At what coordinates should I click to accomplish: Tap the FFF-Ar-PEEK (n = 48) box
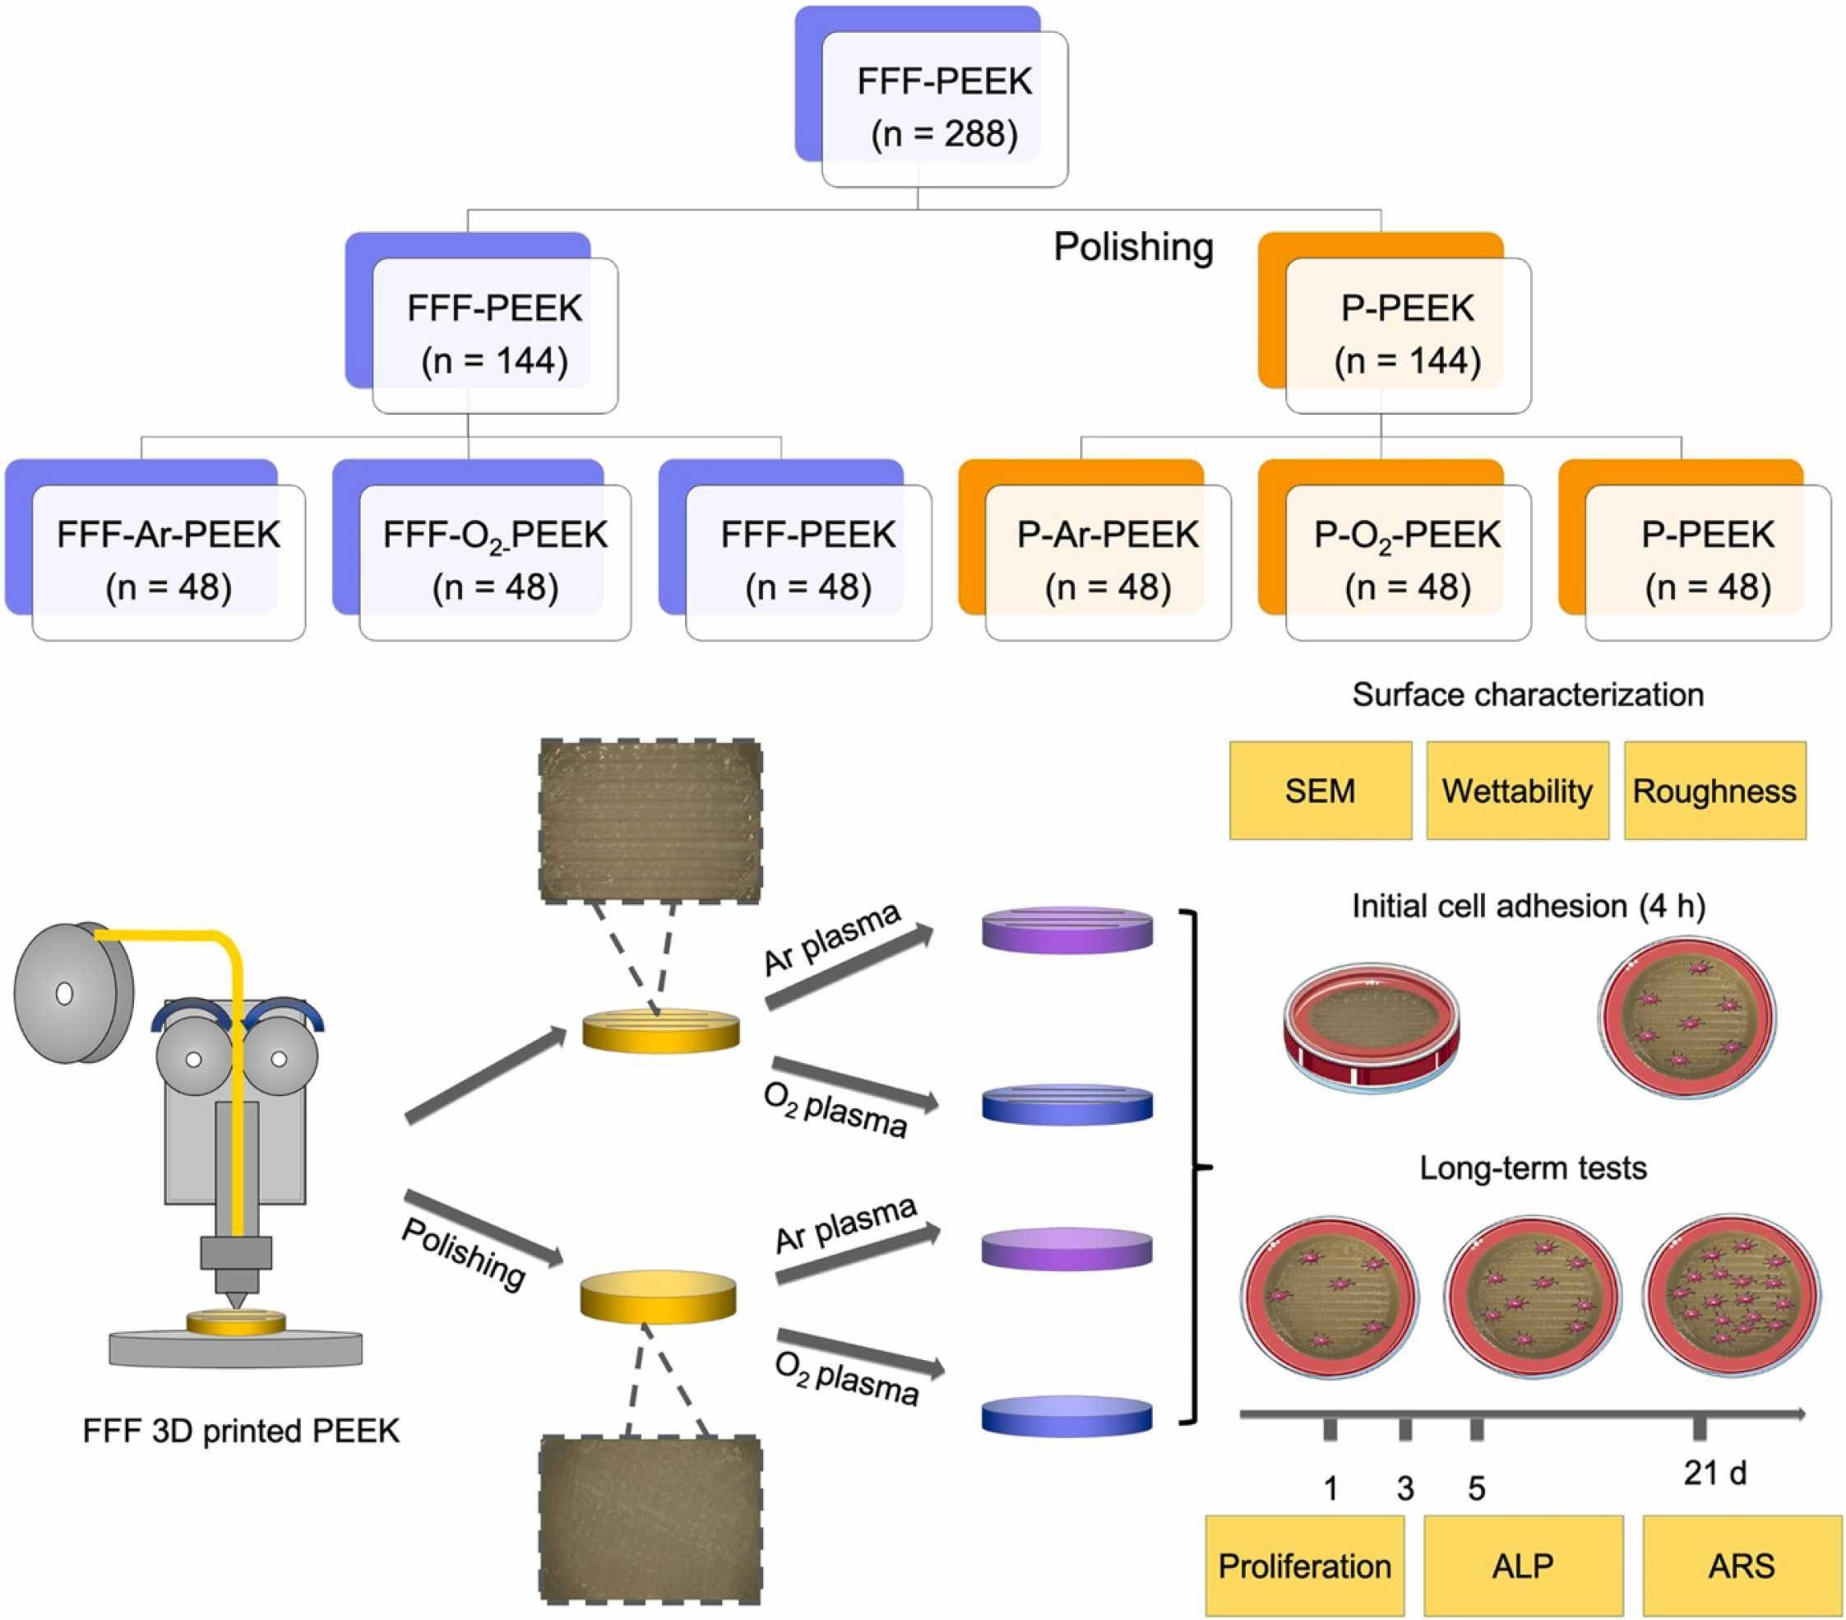[168, 560]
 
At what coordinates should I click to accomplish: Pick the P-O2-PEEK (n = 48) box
[1406, 560]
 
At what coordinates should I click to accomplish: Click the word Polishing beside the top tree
[1132, 247]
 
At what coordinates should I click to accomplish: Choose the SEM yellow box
[1320, 791]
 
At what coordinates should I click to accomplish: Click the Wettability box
[1516, 791]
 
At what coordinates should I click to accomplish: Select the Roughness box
[1714, 791]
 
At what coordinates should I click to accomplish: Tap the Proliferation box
[1304, 1565]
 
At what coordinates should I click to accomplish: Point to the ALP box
[1523, 1565]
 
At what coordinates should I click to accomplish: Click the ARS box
[1742, 1565]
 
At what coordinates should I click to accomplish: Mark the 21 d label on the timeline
[1714, 1472]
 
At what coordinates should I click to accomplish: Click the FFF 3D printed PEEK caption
[240, 1430]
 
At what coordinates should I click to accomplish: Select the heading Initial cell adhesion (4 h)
[1528, 906]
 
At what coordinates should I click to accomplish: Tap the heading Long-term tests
[1533, 1168]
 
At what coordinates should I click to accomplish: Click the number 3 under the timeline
[1405, 1488]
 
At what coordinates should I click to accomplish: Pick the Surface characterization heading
[1527, 694]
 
